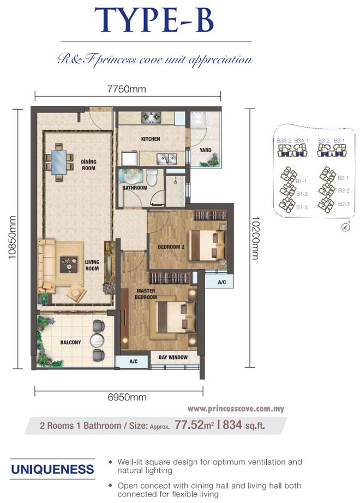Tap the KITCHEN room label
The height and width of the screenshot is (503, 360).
pyautogui.click(x=151, y=139)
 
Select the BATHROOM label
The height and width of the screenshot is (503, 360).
pyautogui.click(x=135, y=188)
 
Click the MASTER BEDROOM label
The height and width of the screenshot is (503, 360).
pyautogui.click(x=146, y=294)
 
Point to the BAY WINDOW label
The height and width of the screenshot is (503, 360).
pyautogui.click(x=173, y=358)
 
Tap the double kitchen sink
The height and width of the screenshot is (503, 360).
pyautogui.click(x=166, y=159)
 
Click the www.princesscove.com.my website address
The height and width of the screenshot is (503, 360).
pyautogui.click(x=236, y=409)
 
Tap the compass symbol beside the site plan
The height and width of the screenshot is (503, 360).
pyautogui.click(x=344, y=227)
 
